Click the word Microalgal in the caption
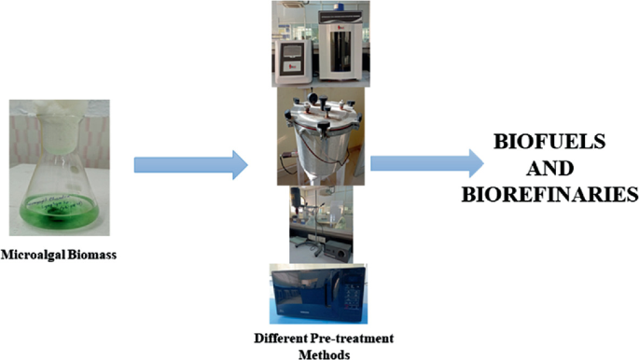point(35,252)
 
